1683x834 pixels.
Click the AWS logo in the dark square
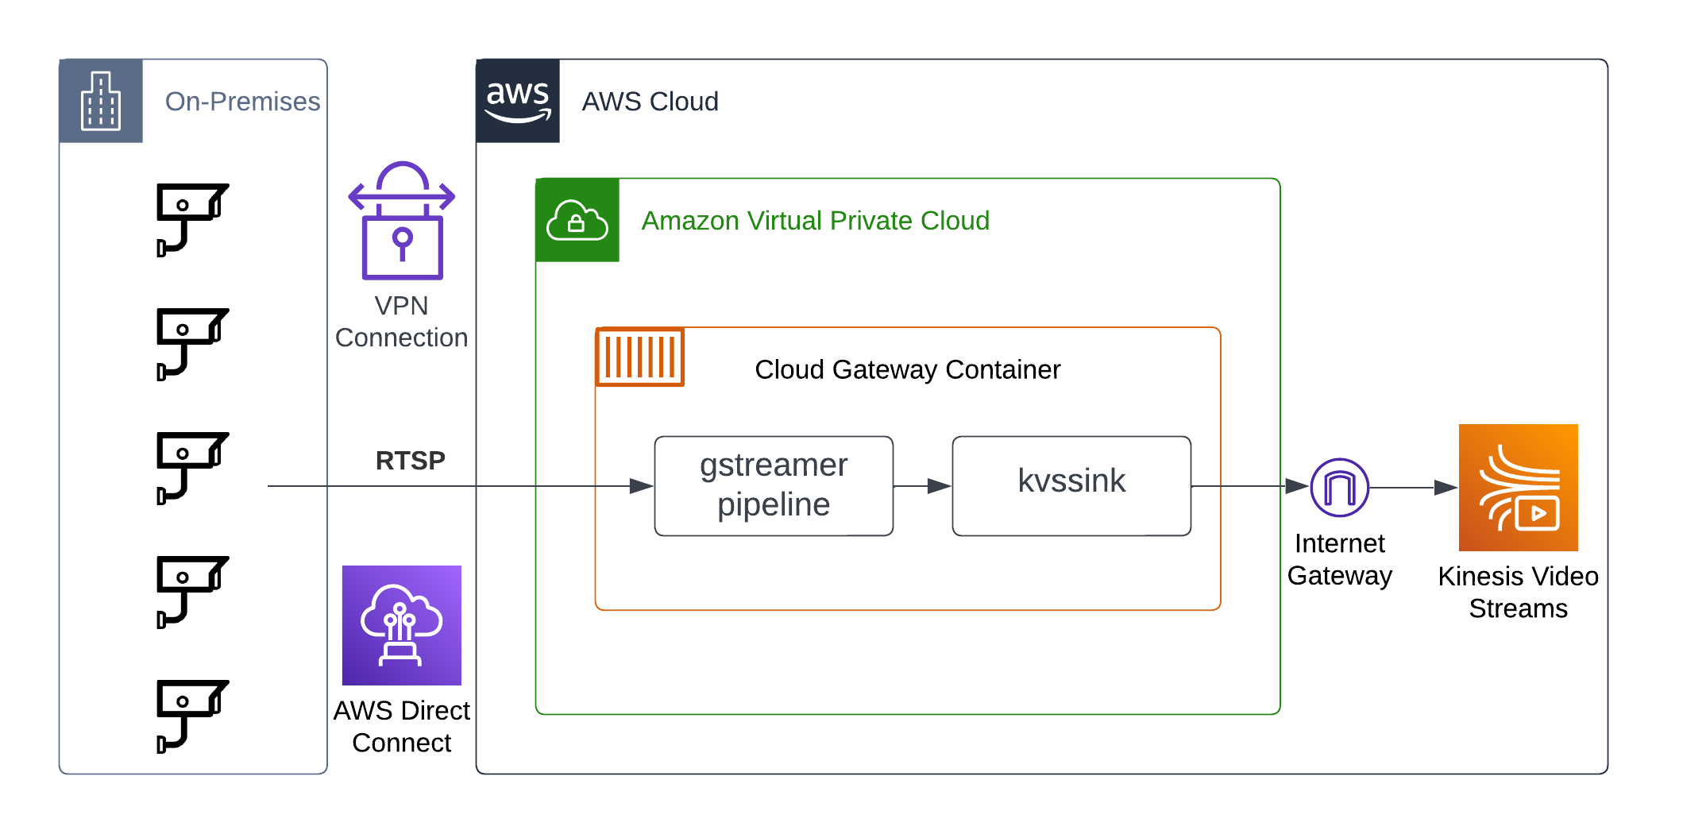point(517,101)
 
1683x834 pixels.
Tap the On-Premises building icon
point(101,101)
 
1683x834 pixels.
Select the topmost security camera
point(191,218)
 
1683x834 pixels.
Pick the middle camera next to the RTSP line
point(191,467)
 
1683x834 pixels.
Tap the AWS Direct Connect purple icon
point(401,625)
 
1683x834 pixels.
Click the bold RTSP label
point(410,461)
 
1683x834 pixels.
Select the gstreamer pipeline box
point(773,485)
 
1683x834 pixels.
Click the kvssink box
point(1071,485)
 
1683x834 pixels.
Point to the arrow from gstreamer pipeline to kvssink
point(922,485)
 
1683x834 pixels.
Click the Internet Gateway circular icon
point(1339,487)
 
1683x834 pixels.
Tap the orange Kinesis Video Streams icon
point(1518,487)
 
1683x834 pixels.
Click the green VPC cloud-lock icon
point(577,220)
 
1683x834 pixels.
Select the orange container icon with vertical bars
point(639,357)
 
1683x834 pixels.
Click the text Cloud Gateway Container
point(907,369)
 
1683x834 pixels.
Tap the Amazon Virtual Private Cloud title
point(815,221)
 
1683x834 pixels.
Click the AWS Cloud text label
point(650,102)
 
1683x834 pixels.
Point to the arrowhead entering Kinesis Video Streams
point(1445,488)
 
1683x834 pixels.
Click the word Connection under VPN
point(401,338)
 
